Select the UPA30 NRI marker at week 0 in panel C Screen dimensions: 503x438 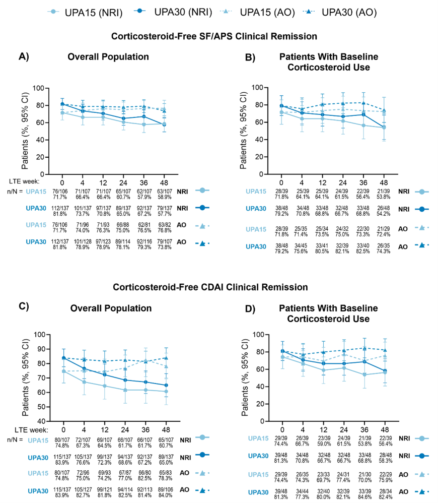64,358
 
